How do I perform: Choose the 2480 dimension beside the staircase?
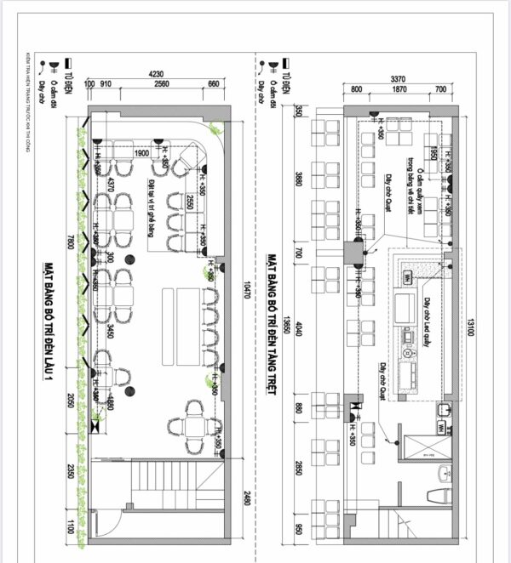point(247,499)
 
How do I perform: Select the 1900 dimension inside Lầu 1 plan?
point(142,153)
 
